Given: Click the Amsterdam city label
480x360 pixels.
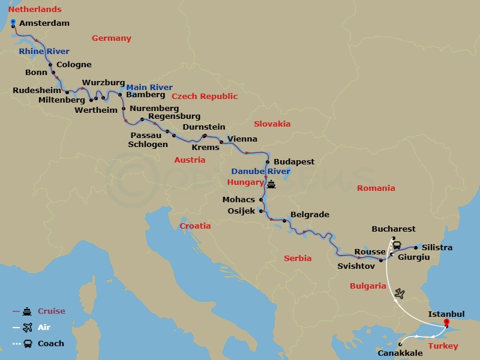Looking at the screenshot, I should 44,23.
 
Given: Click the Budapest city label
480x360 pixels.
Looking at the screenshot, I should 294,162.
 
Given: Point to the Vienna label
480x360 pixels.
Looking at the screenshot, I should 242,139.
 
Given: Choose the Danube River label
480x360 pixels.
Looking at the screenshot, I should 261,172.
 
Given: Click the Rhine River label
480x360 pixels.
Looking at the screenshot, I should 44,52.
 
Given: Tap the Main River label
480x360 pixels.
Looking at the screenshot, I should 149,88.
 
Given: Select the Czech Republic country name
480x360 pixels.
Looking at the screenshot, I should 205,96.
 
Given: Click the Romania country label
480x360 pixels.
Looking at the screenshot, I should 376,188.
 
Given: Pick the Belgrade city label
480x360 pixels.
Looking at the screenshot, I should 310,214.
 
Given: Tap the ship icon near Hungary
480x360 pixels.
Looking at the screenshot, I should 271,184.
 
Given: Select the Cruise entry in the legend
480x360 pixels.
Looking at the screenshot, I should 51,311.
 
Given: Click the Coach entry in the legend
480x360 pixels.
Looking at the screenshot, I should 50,344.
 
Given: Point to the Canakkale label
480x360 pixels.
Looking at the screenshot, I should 400,353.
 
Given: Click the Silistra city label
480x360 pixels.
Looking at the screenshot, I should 437,248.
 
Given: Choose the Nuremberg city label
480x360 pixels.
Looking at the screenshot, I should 154,108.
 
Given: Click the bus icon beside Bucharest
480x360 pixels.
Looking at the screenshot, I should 397,244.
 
